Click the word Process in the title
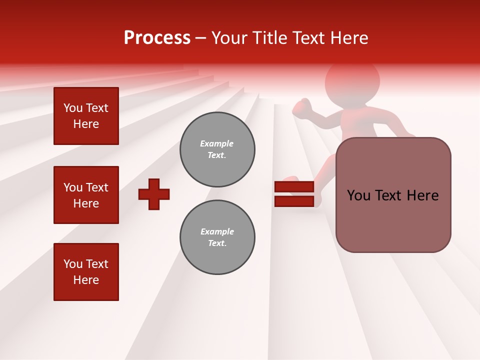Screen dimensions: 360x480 (157, 38)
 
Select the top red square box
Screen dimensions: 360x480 (86, 116)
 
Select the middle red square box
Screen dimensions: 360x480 (86, 195)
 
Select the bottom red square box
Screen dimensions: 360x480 (86, 272)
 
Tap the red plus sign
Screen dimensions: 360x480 (154, 194)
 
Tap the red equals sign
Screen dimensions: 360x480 (294, 194)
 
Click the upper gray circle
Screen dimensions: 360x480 (217, 149)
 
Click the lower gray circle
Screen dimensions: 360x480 (217, 237)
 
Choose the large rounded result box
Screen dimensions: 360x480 (393, 195)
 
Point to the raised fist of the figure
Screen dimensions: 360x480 (302, 108)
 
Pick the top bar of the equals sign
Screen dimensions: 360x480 (294, 187)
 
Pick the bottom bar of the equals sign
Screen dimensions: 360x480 (294, 201)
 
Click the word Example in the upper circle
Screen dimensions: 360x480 (217, 143)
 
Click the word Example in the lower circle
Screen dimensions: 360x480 (217, 231)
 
